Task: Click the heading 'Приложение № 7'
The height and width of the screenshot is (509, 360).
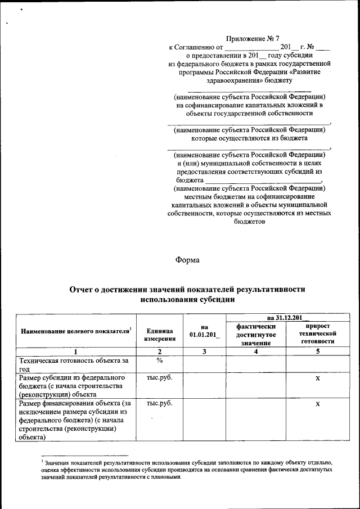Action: [251, 38]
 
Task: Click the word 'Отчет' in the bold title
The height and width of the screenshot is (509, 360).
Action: [83, 289]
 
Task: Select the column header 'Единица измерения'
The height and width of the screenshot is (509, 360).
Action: [160, 335]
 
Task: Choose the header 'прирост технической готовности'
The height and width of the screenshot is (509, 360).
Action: [317, 334]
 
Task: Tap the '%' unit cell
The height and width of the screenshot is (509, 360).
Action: [160, 360]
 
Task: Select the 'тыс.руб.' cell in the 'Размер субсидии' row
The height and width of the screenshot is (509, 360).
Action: [160, 377]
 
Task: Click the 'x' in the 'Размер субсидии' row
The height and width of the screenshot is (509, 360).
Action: [317, 379]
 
